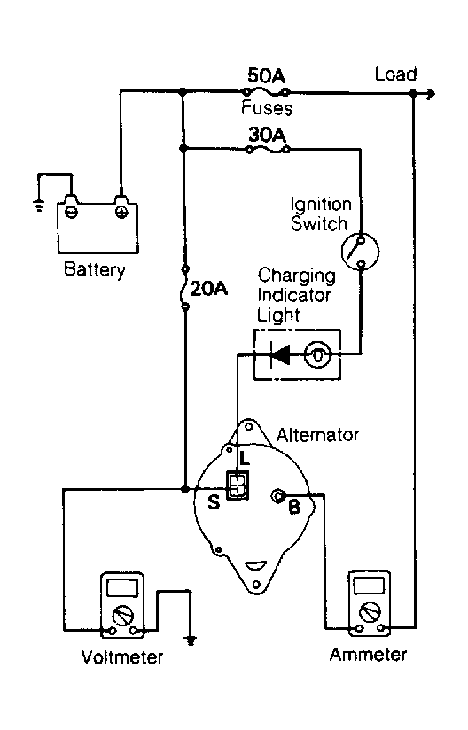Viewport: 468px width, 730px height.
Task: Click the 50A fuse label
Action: click(266, 75)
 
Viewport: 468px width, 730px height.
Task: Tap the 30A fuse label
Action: click(267, 135)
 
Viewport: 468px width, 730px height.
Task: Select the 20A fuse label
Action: click(209, 289)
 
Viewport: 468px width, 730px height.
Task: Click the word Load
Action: click(395, 74)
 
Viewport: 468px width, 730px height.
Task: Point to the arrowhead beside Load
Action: click(431, 94)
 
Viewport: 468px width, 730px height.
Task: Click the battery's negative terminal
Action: click(71, 213)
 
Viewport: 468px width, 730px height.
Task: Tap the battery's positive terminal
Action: click(121, 213)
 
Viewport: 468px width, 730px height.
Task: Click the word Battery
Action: click(95, 269)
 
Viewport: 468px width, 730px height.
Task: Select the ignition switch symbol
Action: click(360, 252)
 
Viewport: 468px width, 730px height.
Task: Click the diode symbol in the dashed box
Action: click(280, 354)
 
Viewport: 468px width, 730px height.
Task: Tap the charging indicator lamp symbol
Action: click(317, 354)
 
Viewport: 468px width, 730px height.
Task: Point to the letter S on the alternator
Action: click(214, 501)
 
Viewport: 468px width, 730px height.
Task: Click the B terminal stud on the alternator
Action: click(278, 496)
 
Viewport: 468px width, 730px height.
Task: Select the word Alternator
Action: click(317, 435)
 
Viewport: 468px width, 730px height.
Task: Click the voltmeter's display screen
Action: click(122, 587)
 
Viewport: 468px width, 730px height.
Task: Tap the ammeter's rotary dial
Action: click(370, 612)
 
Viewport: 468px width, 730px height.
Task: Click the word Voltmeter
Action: click(122, 656)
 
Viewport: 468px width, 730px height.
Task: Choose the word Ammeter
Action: click(368, 655)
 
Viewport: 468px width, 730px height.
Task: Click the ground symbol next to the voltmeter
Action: click(190, 640)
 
